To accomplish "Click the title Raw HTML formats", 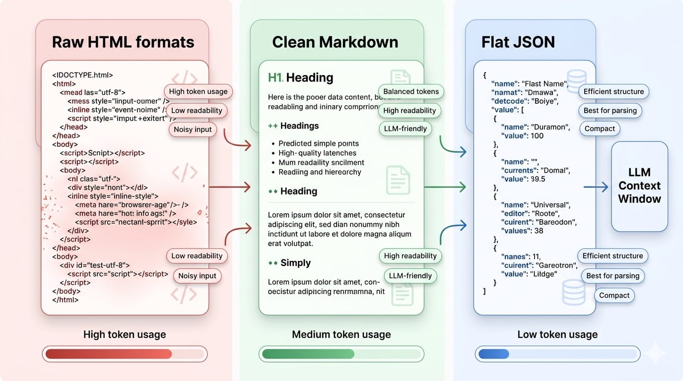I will (123, 42).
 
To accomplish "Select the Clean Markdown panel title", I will (335, 42).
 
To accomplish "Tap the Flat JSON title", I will (518, 42).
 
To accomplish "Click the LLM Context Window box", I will (639, 186).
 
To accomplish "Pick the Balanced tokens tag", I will (411, 91).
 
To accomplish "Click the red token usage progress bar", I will (124, 354).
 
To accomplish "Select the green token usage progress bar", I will (341, 354).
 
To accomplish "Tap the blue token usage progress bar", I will (556, 354).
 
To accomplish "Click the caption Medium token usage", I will (341, 334).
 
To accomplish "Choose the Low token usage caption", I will (557, 334).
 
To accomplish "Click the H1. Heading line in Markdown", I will (301, 77).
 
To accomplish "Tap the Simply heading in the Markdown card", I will (295, 263).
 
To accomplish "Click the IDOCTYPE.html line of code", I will (83, 75).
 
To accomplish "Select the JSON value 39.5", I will (538, 179).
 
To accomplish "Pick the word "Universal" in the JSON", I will (550, 205).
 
